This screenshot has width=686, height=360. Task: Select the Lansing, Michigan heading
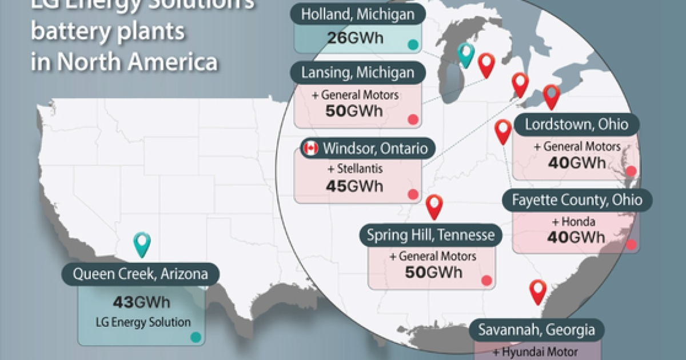(x=358, y=73)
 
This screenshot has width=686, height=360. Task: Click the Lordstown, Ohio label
(x=576, y=124)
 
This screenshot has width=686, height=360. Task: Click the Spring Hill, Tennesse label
(x=431, y=235)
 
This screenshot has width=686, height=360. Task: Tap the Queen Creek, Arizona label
(x=140, y=274)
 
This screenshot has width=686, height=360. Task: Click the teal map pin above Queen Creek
(x=141, y=244)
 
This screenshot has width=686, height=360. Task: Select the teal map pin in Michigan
(x=467, y=54)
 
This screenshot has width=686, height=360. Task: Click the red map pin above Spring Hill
(x=434, y=206)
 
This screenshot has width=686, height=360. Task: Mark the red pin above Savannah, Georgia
(x=538, y=291)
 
